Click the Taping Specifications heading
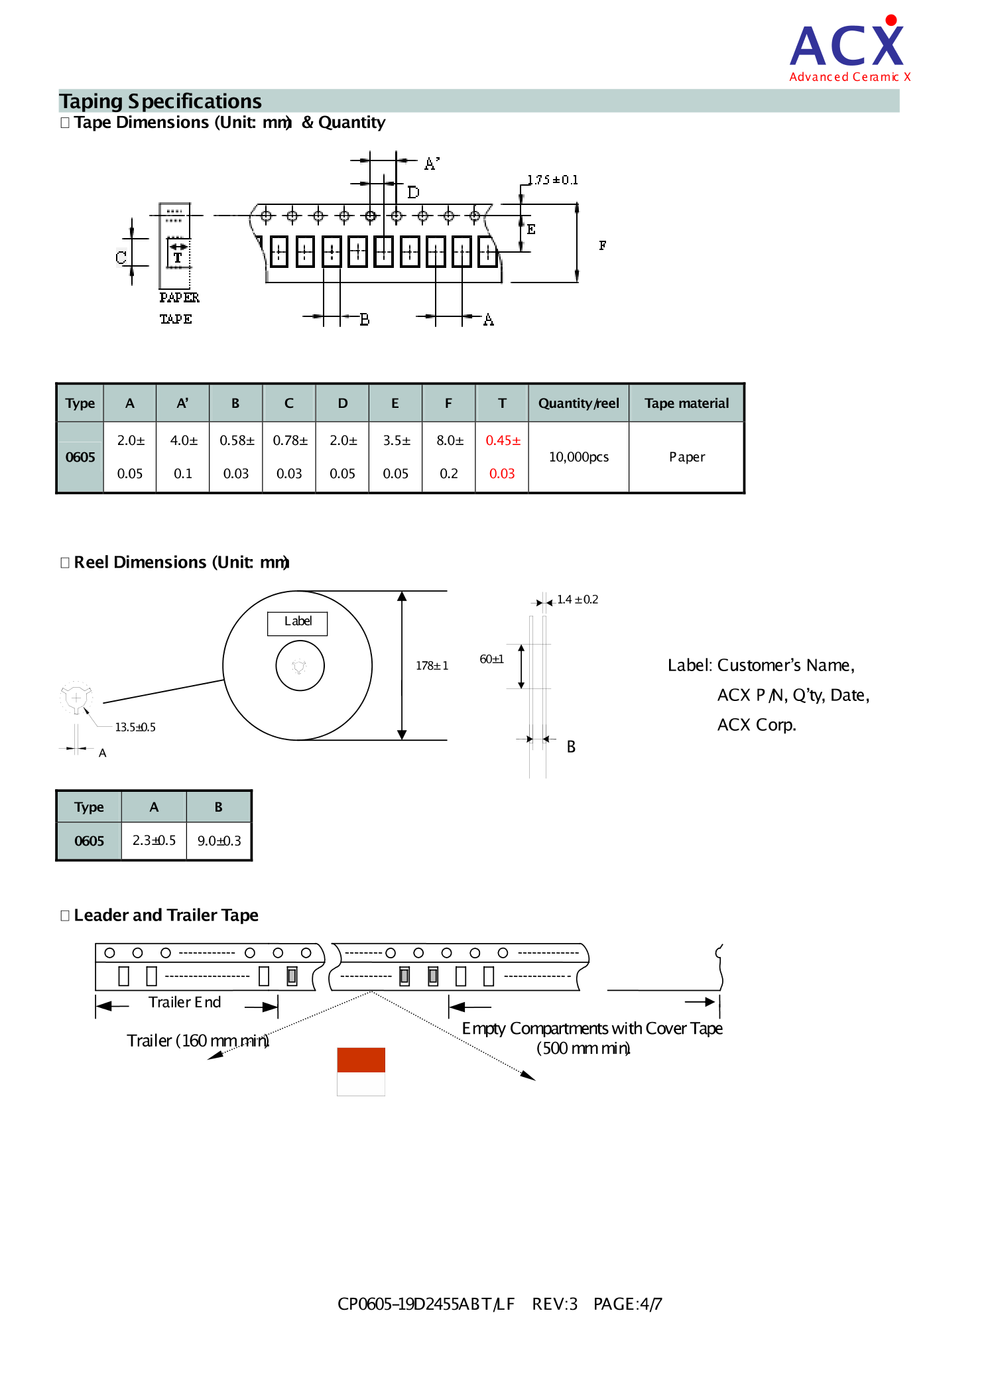coord(160,101)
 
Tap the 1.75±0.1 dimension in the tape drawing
coord(552,180)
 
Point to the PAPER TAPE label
coord(178,308)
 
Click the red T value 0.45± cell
coord(502,441)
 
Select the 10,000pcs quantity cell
coord(578,457)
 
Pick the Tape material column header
coord(686,403)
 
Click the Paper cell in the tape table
coord(686,457)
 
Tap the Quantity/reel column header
coord(578,403)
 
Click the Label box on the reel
coord(297,623)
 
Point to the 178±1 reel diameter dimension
coord(432,665)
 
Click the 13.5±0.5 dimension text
coord(135,727)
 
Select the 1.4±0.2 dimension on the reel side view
coord(577,600)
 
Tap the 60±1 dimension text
coord(491,659)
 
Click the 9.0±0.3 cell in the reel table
coord(219,841)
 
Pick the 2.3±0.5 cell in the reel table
coord(154,840)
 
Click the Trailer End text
coord(184,1002)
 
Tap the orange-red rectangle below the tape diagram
coord(361,1060)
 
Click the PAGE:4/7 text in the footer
coord(627,1304)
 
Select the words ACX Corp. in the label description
coord(756,725)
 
